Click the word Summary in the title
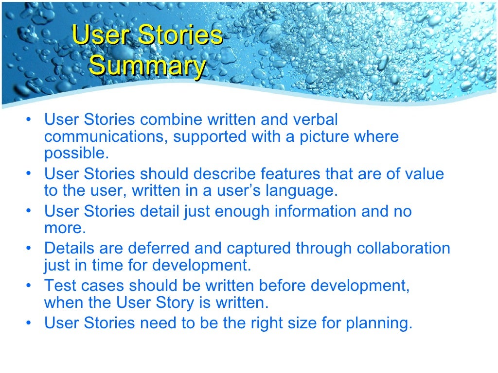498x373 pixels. click(x=147, y=66)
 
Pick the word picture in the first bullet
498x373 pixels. click(x=323, y=136)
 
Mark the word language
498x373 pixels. click(x=301, y=190)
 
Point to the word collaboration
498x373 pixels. click(x=403, y=248)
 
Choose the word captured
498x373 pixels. click(x=255, y=248)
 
